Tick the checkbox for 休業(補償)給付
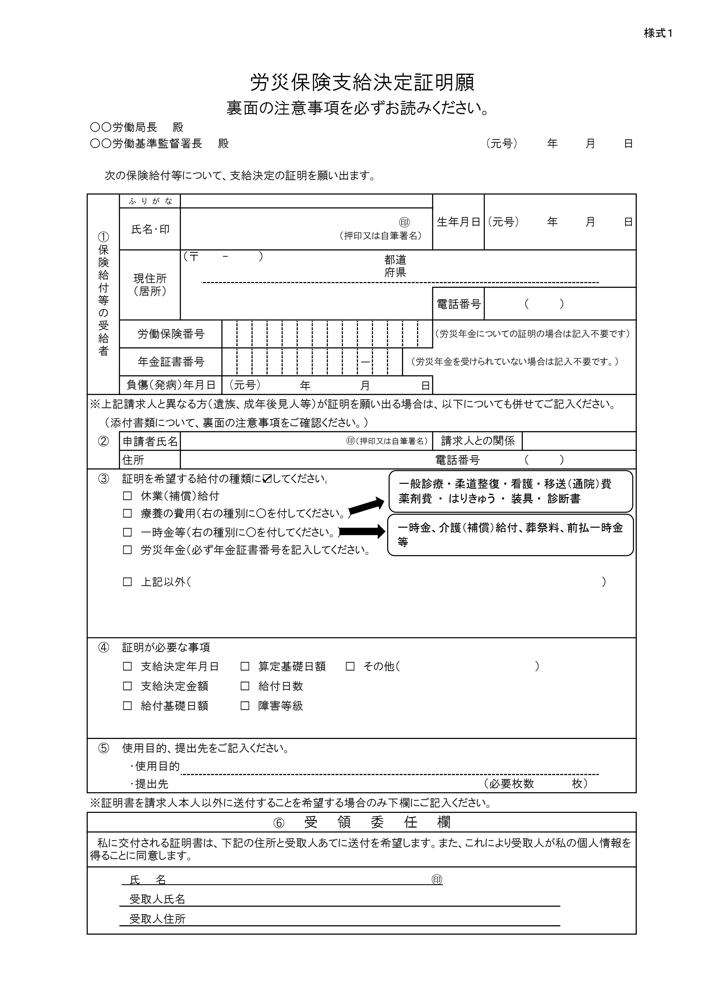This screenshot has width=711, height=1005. point(127,496)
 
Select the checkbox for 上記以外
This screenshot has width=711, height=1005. point(127,582)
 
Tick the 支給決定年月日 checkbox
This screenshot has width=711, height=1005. point(127,666)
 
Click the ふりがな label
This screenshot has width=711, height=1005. point(150,201)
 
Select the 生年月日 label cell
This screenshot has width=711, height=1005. point(458,222)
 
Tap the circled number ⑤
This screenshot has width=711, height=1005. point(103,748)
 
